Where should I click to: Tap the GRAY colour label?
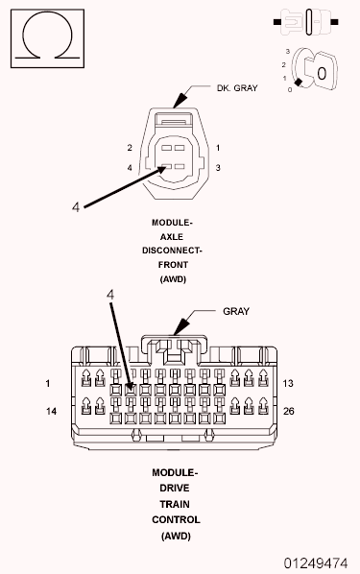pyautogui.click(x=236, y=311)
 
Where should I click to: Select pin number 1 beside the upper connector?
pyautogui.click(x=219, y=147)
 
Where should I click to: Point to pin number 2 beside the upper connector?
pyautogui.click(x=129, y=148)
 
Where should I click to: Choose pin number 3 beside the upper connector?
pyautogui.click(x=219, y=168)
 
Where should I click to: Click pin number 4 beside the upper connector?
pyautogui.click(x=129, y=169)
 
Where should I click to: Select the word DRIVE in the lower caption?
pyautogui.click(x=176, y=489)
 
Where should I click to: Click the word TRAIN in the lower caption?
pyautogui.click(x=176, y=504)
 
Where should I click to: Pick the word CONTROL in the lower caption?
pyautogui.click(x=176, y=519)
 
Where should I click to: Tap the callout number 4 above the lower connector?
pyautogui.click(x=111, y=296)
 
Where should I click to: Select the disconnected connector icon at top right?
pyautogui.click(x=308, y=17)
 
